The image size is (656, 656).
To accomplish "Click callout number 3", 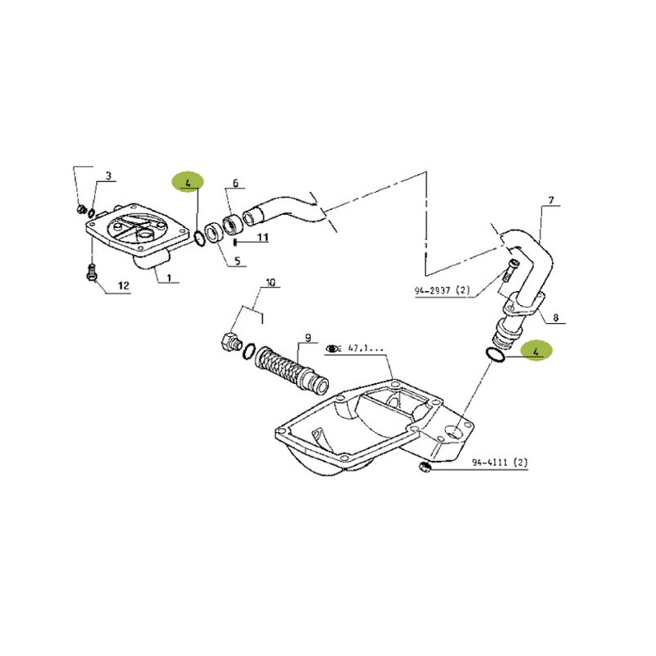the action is point(108,175).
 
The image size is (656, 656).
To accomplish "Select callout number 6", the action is point(235,183).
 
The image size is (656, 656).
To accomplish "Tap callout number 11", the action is point(262,238).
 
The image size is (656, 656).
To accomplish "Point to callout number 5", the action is point(237,262).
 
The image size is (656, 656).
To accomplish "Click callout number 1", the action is point(169,277).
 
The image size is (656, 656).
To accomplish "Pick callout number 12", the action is point(124,286).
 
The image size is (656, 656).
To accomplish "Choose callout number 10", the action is point(271,282).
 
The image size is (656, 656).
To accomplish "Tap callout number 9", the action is point(308,337).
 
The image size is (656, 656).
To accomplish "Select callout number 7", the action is point(551,200).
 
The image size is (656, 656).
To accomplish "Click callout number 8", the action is point(556,318).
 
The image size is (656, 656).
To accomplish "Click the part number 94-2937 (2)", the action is point(442,290).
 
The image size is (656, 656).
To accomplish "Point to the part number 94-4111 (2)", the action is point(500,462).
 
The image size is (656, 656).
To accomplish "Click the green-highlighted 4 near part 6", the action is point(188,183).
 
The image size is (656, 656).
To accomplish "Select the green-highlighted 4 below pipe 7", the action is point(536,352).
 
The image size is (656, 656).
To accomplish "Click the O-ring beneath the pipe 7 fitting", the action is point(495,354).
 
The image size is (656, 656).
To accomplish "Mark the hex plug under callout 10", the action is point(229,340).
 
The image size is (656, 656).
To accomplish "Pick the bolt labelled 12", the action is point(92,272).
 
